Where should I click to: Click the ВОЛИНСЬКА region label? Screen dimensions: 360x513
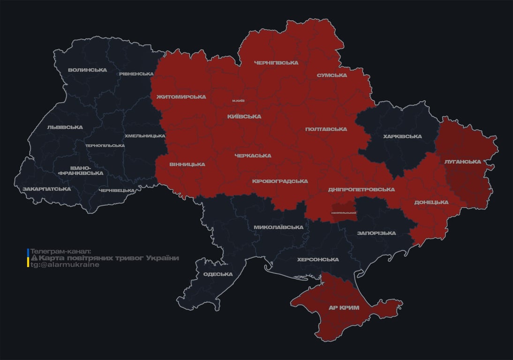87,70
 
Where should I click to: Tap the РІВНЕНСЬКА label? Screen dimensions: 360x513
136,74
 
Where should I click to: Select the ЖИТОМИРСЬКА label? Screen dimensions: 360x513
181,97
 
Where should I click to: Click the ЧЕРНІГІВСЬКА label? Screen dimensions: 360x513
276,63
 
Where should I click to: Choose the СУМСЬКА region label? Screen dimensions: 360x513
332,75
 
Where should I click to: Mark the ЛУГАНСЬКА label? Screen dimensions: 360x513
463,162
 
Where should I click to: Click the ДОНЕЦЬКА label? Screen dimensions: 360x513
431,202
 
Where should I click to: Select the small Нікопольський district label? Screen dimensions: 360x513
344,213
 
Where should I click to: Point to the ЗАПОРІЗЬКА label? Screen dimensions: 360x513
377,233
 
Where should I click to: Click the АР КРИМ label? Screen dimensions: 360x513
344,308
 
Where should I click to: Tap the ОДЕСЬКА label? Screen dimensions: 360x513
218,274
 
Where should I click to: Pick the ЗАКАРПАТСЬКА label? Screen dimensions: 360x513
47,189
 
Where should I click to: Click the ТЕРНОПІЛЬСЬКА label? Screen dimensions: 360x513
105,146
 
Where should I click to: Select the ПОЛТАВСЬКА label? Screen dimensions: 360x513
326,129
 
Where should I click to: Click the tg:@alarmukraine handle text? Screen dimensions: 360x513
65,265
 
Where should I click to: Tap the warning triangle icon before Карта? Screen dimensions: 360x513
34,258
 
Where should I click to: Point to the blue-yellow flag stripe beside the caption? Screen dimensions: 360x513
28,258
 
